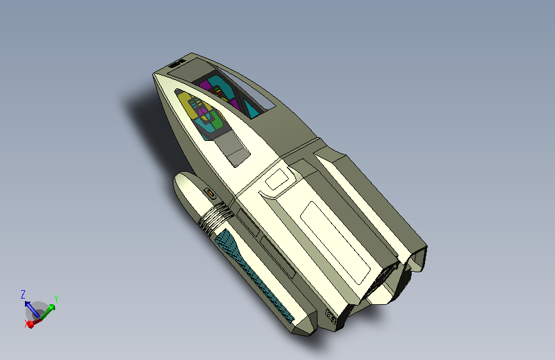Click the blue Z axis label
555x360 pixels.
coord(23,295)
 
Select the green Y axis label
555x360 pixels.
coord(56,299)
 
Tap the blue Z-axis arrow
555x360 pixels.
coord(32,309)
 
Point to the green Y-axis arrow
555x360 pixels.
coord(48,312)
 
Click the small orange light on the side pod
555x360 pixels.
coord(210,193)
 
